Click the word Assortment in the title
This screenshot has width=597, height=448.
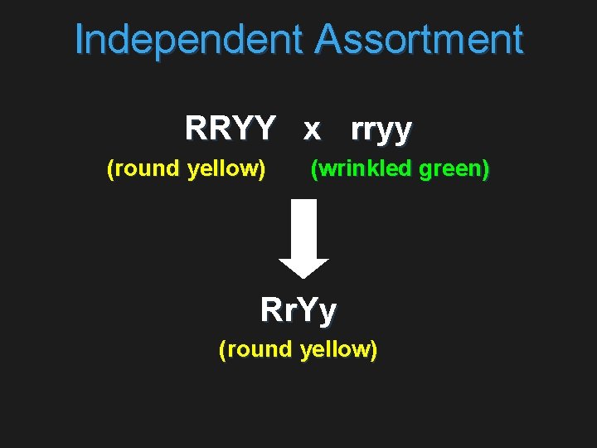click(x=419, y=40)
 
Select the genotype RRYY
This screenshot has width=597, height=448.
click(x=230, y=129)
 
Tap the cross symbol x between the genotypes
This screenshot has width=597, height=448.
click(x=312, y=129)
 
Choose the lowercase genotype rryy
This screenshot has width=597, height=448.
click(x=381, y=130)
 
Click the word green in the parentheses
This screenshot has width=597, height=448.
click(x=454, y=169)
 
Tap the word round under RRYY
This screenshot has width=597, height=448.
click(x=143, y=169)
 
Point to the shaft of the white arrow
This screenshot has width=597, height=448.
click(x=303, y=232)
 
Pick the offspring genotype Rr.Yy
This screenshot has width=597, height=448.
click(x=298, y=310)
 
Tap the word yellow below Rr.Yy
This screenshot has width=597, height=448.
click(x=338, y=349)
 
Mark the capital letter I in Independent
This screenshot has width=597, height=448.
click(x=79, y=40)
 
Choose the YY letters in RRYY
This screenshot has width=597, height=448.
click(x=253, y=129)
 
